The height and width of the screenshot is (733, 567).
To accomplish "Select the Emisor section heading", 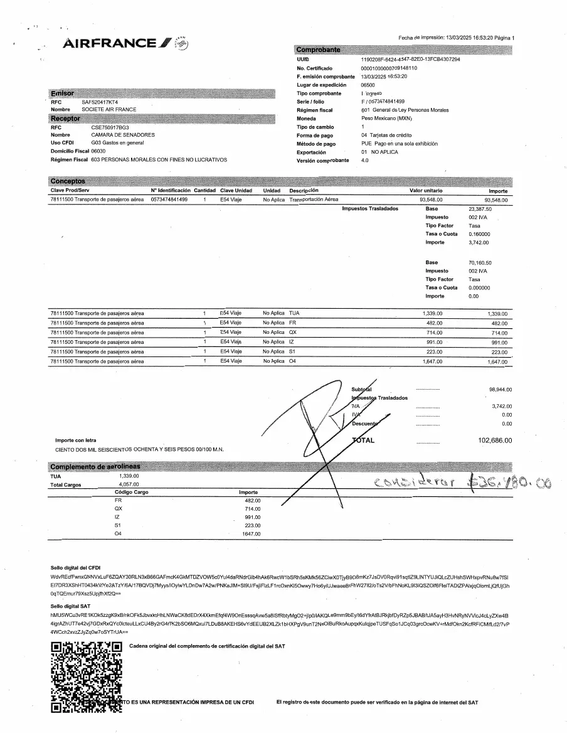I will click(62, 93).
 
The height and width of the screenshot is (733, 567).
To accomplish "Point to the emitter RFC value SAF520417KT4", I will click(100, 101).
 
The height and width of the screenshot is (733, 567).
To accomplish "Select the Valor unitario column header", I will click(426, 190).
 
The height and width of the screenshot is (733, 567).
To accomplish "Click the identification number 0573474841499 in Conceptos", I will click(169, 199).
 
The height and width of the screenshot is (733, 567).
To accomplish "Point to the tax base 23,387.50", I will click(480, 208).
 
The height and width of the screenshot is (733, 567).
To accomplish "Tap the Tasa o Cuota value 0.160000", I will click(479, 233).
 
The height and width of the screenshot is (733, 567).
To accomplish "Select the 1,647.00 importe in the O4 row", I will click(497, 362).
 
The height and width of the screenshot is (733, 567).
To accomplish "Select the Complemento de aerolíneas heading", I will click(95, 467).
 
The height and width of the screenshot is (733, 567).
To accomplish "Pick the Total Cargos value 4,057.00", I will click(129, 484).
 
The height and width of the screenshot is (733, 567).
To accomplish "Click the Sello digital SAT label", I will click(71, 606).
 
